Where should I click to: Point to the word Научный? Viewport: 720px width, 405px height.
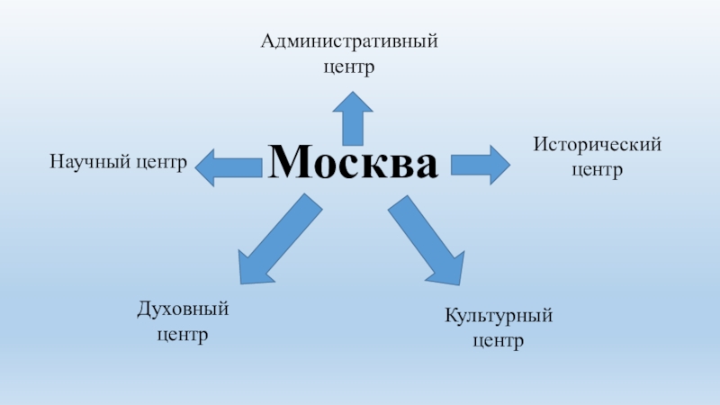(x=82, y=163)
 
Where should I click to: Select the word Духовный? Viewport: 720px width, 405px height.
(x=183, y=310)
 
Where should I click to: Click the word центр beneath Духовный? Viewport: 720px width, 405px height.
(x=183, y=336)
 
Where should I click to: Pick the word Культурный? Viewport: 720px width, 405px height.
(x=498, y=317)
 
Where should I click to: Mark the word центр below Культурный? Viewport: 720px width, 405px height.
(x=498, y=342)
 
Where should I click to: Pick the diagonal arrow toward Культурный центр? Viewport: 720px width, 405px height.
(x=427, y=243)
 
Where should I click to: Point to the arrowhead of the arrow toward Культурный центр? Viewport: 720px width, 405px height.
(x=446, y=269)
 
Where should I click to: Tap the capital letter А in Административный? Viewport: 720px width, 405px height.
(x=268, y=41)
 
